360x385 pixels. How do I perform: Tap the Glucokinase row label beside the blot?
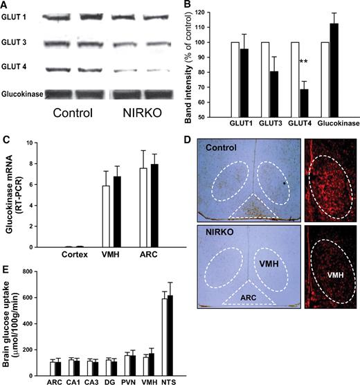[23, 92]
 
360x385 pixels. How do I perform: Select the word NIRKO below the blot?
[136, 111]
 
